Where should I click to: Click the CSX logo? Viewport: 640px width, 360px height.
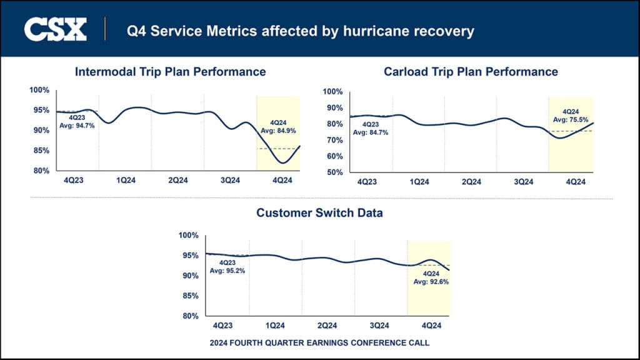click(x=55, y=29)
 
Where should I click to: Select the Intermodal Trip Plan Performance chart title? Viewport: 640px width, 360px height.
click(x=170, y=72)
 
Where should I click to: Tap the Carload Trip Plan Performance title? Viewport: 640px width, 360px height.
click(x=471, y=72)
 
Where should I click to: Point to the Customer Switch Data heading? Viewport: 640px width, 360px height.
click(x=319, y=213)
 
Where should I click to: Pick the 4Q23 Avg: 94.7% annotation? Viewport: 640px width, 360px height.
click(x=77, y=121)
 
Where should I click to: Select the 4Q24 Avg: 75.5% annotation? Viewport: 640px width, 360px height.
click(x=571, y=116)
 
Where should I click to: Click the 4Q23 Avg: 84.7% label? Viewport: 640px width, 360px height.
click(x=371, y=128)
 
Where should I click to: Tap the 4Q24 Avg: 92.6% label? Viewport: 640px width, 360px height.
click(x=431, y=277)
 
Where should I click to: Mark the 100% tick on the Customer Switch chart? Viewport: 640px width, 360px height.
click(x=188, y=236)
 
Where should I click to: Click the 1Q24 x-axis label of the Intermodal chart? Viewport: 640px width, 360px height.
click(x=126, y=181)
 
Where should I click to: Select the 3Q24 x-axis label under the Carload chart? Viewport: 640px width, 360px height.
click(x=523, y=182)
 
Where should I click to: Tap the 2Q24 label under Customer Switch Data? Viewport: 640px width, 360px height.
click(x=327, y=326)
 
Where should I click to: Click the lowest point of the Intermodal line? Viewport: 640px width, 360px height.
click(x=284, y=163)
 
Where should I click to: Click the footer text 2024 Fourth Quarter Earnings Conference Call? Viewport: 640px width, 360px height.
click(x=319, y=343)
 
